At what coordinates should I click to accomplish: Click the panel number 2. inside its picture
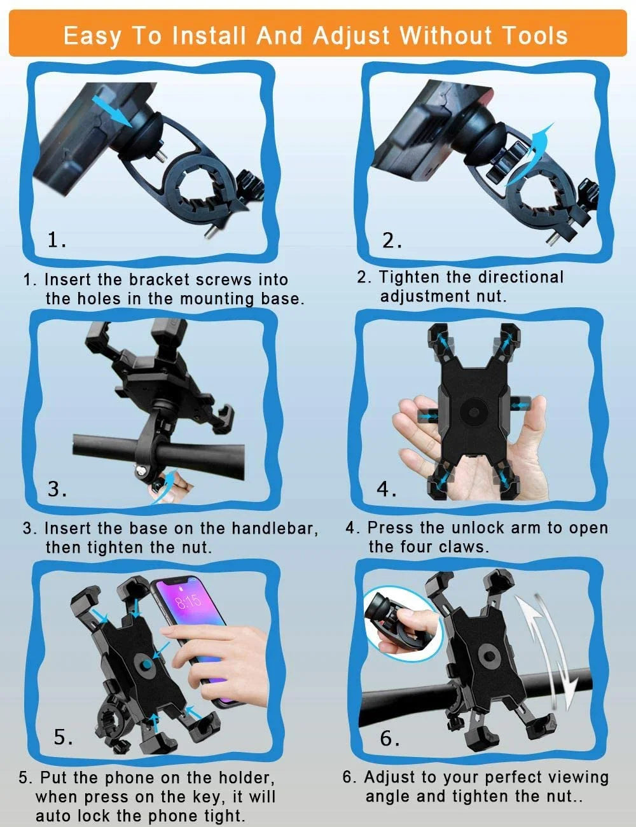392,240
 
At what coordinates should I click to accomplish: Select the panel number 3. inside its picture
58,489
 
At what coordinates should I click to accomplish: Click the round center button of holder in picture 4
473,412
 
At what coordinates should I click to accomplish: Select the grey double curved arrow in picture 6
550,649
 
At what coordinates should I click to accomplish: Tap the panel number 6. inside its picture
390,739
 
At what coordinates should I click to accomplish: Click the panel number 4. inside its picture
387,489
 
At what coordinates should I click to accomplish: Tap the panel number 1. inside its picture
57,240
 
